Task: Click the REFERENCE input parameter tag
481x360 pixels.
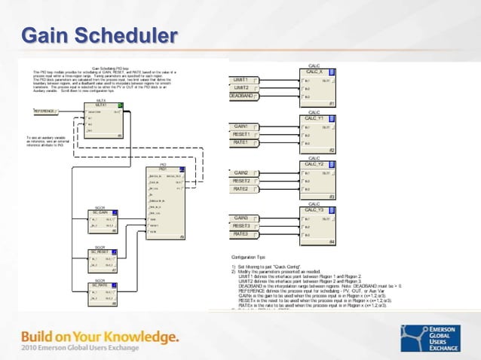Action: tap(49, 111)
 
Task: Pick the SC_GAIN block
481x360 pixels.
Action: tap(100, 222)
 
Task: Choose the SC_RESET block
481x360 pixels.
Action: tap(100, 260)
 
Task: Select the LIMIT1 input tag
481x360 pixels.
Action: tap(244, 79)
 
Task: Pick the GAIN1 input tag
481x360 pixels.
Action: tap(243, 126)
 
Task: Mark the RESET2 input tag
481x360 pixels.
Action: tap(243, 181)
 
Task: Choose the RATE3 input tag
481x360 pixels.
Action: tap(243, 234)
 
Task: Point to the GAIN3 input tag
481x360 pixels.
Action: tap(243, 218)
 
